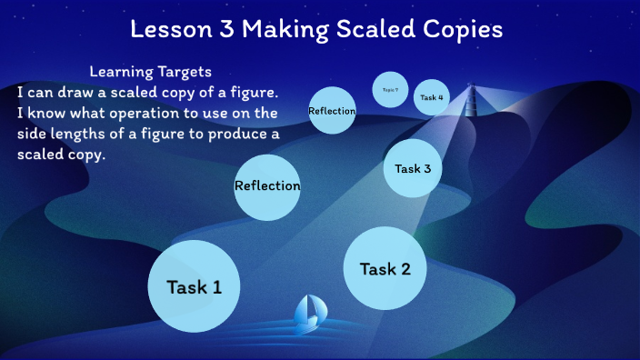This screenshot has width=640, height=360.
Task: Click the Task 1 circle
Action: click(x=194, y=286)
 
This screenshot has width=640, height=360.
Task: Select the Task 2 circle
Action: click(x=385, y=268)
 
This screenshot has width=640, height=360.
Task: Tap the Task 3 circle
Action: click(x=418, y=167)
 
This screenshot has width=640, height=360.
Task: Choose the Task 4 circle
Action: click(x=432, y=97)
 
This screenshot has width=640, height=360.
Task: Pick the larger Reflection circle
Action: click(x=267, y=185)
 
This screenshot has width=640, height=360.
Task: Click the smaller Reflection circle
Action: click(x=332, y=111)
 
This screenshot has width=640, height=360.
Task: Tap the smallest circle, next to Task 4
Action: click(x=390, y=89)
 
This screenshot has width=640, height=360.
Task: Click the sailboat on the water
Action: click(x=307, y=314)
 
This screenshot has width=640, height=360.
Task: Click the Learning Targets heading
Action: click(x=152, y=71)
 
